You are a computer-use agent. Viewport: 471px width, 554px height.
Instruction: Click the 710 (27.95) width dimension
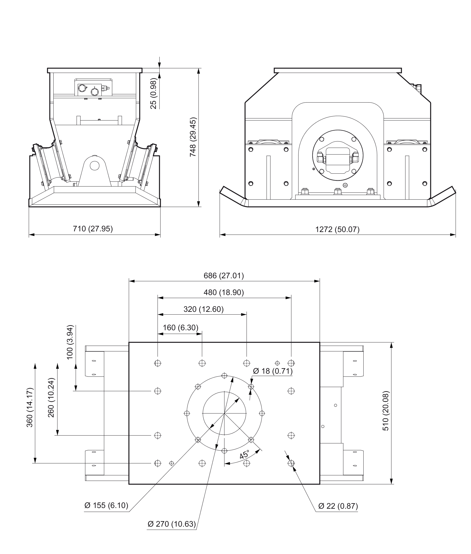coord(93,229)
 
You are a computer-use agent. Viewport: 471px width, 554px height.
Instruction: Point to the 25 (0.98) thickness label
coord(154,93)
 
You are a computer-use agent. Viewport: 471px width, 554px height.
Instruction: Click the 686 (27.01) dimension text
coord(224,276)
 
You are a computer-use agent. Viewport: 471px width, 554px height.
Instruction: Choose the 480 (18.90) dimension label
coord(224,292)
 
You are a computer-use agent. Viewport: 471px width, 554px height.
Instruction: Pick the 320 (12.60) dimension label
coord(204,309)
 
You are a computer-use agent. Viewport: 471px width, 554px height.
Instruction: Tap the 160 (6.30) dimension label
coord(181,328)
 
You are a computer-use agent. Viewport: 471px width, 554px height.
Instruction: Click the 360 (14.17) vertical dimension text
coord(30,408)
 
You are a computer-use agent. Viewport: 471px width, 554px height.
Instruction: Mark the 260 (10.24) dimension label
coord(51,398)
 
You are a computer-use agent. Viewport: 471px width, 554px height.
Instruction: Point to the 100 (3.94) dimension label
coord(70,342)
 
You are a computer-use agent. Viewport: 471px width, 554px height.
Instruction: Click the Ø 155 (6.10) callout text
coord(106,505)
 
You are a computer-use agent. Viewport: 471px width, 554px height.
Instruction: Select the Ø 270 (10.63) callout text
coord(172,524)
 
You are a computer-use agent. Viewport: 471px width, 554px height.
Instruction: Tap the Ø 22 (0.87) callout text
coord(338,506)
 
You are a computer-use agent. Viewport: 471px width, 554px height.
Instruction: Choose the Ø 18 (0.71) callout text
coord(273,371)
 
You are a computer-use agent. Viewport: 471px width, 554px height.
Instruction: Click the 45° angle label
coord(244,454)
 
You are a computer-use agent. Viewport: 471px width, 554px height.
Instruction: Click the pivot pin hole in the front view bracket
coord(95,166)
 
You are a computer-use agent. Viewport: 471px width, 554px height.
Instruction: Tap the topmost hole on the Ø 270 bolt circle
coord(224,376)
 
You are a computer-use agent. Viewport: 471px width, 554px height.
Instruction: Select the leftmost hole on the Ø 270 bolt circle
coord(187,413)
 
